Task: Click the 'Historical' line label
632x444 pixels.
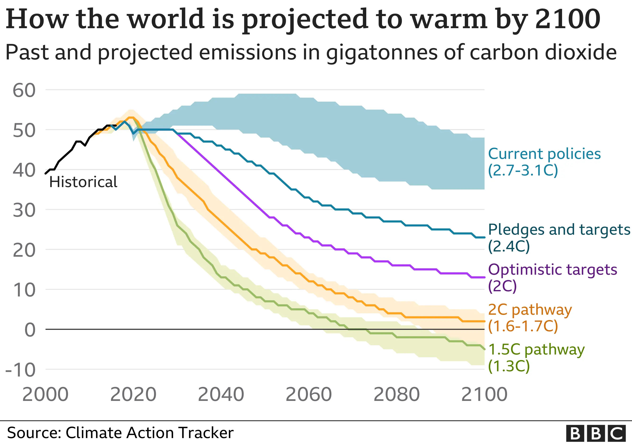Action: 83,182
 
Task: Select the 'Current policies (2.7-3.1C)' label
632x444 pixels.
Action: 544,162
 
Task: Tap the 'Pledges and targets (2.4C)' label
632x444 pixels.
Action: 559,238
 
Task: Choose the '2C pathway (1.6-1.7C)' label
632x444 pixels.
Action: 530,318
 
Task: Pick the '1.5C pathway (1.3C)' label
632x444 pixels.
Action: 536,357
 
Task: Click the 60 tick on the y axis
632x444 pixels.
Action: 24,90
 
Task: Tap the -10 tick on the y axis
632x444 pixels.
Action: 21,370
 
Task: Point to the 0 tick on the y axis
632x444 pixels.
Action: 30,330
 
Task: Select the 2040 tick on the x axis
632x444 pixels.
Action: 221,394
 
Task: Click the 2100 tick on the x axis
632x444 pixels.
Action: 484,394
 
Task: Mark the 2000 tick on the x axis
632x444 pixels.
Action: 46,394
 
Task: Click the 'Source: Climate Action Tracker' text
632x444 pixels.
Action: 120,433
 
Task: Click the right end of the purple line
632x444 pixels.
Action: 484,277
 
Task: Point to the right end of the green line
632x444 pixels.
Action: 484,349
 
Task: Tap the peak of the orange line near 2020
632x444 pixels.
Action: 131,117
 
